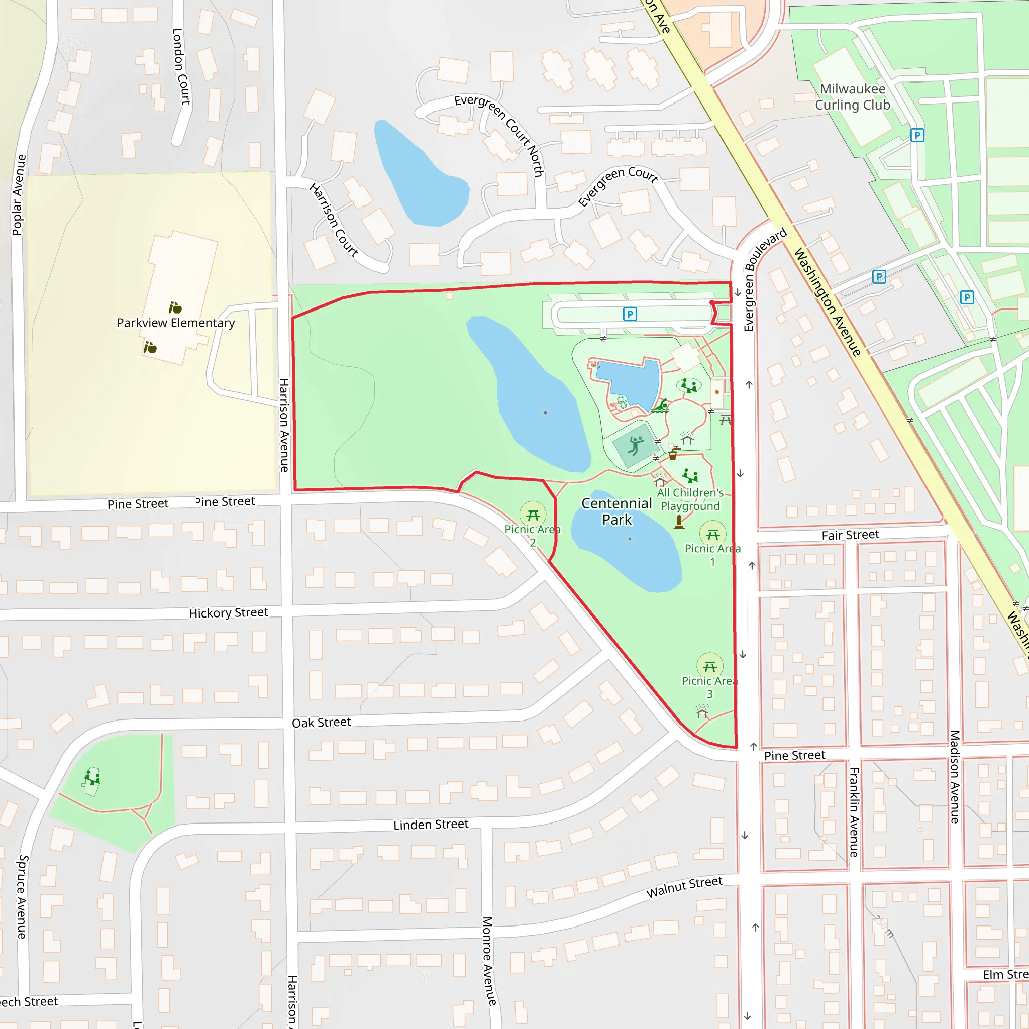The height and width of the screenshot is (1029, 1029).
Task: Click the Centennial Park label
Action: [617, 511]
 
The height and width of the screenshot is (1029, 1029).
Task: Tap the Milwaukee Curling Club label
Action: [852, 97]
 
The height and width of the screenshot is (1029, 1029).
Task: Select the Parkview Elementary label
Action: [176, 323]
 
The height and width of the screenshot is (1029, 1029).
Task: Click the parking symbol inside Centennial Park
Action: [630, 314]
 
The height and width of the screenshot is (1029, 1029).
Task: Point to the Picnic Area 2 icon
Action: [533, 515]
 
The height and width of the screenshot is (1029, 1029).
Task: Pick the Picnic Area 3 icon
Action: [709, 666]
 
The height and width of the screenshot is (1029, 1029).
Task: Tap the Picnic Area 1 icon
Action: [712, 534]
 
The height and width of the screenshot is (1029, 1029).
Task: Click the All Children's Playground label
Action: [690, 499]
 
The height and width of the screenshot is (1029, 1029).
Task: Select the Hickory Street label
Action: [229, 613]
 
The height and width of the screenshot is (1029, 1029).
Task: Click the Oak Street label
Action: [321, 723]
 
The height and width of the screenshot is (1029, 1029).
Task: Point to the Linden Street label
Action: [431, 825]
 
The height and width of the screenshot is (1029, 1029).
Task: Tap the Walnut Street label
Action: [684, 887]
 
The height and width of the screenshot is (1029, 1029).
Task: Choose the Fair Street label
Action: [850, 535]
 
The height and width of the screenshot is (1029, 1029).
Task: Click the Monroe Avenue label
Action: [488, 961]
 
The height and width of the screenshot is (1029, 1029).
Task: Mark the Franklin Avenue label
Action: [854, 812]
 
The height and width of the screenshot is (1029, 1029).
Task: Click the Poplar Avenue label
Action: [19, 195]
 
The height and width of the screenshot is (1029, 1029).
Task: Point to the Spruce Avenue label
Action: [22, 896]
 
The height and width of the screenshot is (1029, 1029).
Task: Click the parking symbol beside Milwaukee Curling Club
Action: [916, 135]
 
